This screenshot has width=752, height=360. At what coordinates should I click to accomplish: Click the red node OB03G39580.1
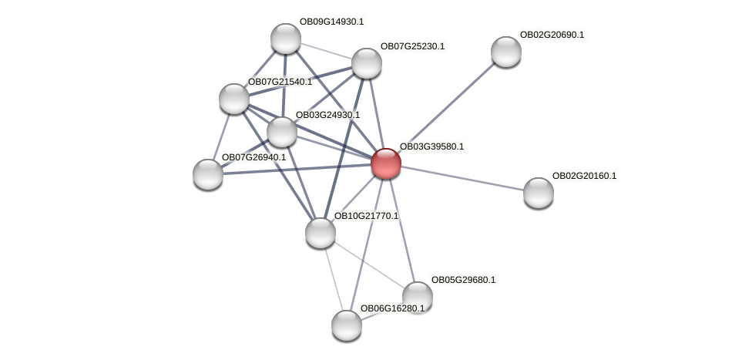(x=385, y=163)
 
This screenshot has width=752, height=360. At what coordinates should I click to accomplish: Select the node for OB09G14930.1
(x=285, y=39)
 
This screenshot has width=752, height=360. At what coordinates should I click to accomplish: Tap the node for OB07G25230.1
(x=367, y=63)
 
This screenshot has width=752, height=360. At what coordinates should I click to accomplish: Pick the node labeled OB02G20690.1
(x=505, y=52)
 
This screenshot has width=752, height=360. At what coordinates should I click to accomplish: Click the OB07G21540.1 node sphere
(x=233, y=99)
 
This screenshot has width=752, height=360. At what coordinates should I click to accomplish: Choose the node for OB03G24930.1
(x=282, y=132)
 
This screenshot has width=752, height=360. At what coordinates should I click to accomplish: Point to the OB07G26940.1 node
(x=207, y=174)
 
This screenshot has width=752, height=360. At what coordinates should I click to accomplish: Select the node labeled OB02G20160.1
(x=538, y=193)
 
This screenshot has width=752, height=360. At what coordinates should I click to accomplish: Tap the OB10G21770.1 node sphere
(x=320, y=233)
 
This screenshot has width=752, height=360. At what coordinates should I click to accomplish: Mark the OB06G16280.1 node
(x=346, y=325)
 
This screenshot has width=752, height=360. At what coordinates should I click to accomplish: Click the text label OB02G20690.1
(x=552, y=35)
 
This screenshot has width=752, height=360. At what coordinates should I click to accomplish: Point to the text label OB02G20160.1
(x=584, y=176)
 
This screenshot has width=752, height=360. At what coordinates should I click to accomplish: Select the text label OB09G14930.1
(x=331, y=22)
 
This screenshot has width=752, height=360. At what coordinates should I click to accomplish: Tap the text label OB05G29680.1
(x=463, y=280)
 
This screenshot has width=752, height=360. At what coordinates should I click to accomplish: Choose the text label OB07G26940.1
(x=253, y=157)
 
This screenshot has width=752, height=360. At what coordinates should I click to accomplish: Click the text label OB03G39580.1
(x=431, y=146)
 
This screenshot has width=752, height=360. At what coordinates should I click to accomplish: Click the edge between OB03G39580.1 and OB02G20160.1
(x=462, y=178)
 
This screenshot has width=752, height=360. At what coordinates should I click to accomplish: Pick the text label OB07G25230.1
(x=412, y=46)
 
